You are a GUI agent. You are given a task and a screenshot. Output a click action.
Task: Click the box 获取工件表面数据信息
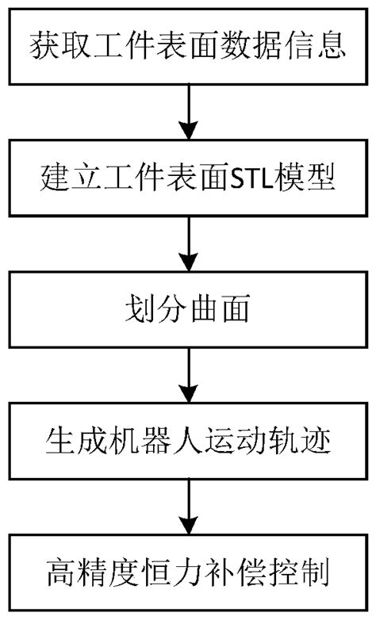point(188,46)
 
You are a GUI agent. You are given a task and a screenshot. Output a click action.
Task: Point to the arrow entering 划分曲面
point(188,243)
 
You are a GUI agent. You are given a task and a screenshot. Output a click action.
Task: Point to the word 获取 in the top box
point(55,46)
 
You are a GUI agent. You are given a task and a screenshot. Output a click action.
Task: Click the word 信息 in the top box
point(321,46)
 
